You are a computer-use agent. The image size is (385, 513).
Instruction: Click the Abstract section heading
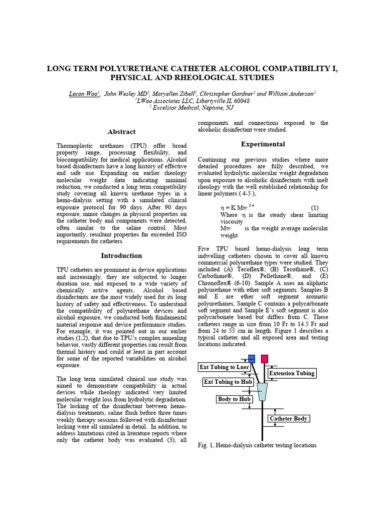121,132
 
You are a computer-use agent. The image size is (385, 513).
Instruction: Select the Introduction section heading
121,255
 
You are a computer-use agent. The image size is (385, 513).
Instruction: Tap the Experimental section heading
263,144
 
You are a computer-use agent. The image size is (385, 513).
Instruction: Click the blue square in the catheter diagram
252,358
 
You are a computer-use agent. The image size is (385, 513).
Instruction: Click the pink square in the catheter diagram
264,358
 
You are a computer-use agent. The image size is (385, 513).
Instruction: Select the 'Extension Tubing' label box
292,373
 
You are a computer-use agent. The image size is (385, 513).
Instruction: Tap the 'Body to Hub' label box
234,399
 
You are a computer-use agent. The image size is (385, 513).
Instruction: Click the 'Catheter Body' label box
288,418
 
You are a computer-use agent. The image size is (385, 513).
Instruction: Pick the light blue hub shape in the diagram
262,392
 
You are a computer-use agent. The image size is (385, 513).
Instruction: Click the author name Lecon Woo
83,93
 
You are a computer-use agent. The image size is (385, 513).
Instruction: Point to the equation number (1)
314,207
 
